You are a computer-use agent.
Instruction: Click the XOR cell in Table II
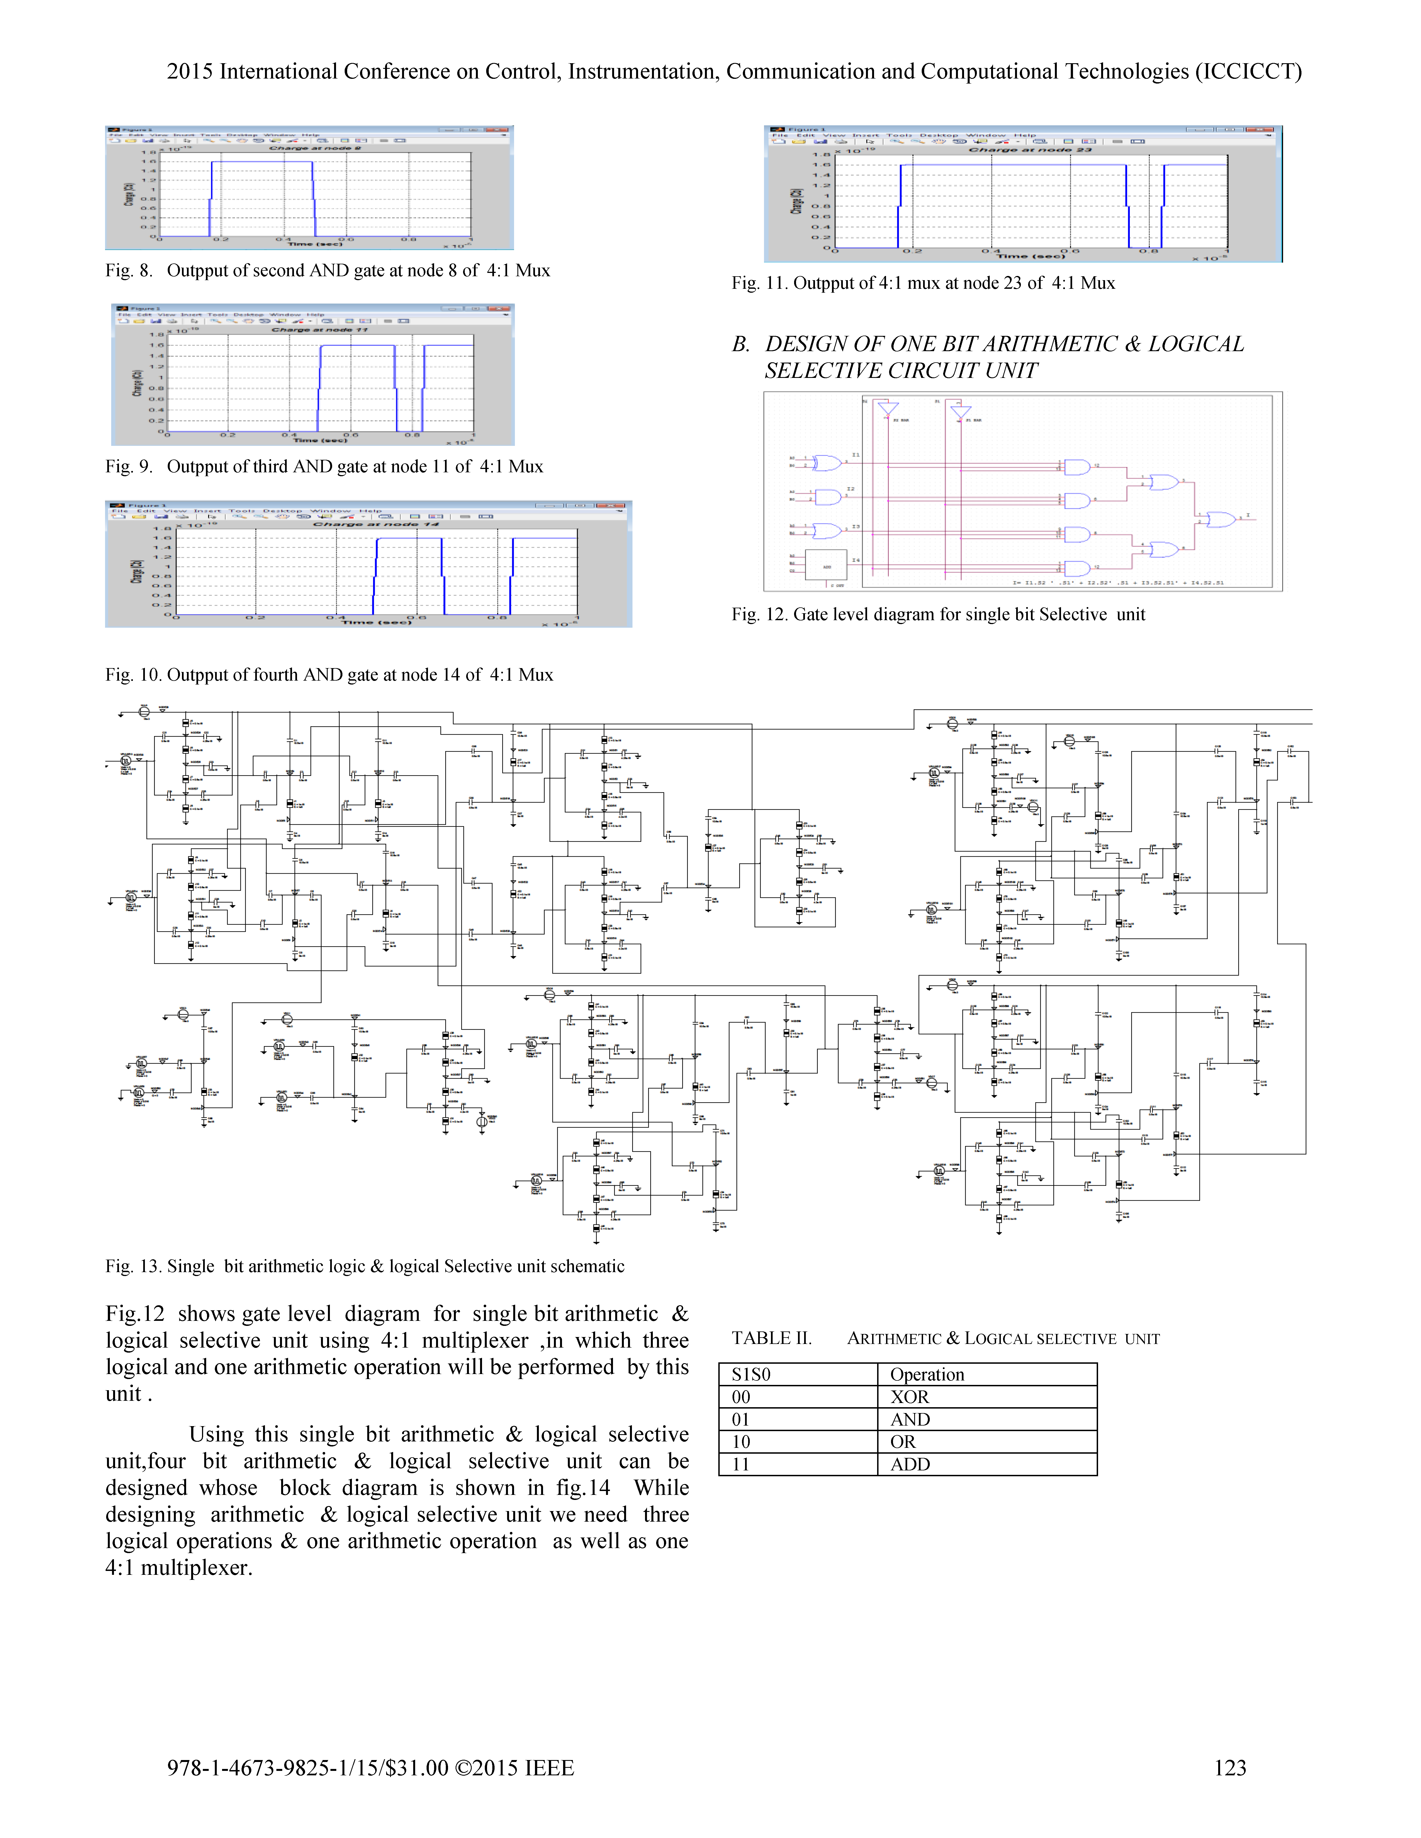click(909, 1397)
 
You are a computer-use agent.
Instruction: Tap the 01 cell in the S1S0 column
click(741, 1420)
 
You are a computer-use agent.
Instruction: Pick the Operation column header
click(927, 1374)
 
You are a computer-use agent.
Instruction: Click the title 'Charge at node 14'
click(376, 524)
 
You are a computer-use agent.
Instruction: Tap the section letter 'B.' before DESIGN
click(741, 344)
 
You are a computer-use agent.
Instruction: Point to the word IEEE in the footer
click(549, 1767)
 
